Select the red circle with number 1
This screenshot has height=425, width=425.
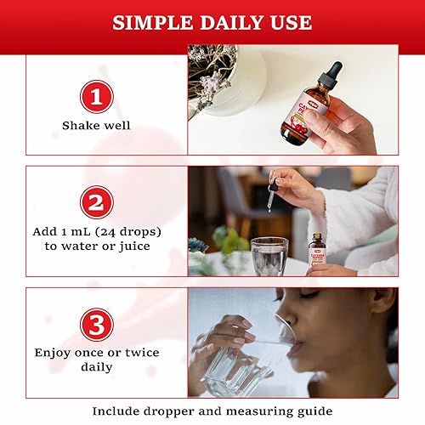pyautogui.click(x=96, y=95)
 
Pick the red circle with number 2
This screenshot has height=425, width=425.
pyautogui.click(x=96, y=203)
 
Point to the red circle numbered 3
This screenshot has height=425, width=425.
pyautogui.click(x=96, y=324)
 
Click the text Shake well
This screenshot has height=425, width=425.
pyautogui.click(x=96, y=126)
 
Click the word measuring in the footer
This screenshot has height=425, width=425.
pyautogui.click(x=265, y=411)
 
